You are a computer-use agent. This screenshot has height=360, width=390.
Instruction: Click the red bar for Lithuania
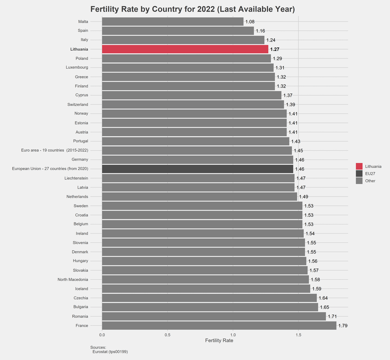[x=185, y=49]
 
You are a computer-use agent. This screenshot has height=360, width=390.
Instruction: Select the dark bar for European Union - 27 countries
[x=198, y=169]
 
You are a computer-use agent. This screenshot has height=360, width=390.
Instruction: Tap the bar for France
[x=219, y=326]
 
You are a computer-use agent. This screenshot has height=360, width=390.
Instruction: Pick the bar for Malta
[x=173, y=22]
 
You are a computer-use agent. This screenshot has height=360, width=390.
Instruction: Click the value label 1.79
[x=343, y=326]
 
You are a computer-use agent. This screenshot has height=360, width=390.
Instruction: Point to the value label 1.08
[x=250, y=22]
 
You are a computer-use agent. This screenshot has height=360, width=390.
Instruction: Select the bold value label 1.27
[x=275, y=50]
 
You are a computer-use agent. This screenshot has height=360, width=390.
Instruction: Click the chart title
[x=192, y=9]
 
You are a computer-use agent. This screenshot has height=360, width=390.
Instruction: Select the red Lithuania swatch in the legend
[x=359, y=166]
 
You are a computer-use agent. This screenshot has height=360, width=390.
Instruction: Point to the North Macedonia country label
[x=73, y=279]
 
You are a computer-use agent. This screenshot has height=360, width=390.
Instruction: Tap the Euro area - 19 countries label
[x=55, y=150]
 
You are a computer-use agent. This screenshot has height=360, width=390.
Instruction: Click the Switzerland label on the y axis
[x=78, y=104]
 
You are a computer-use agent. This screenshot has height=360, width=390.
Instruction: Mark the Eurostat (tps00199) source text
[x=110, y=351]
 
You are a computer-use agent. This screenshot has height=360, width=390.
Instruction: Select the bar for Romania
[x=214, y=316]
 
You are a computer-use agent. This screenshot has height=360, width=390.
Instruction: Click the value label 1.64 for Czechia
[x=323, y=298]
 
